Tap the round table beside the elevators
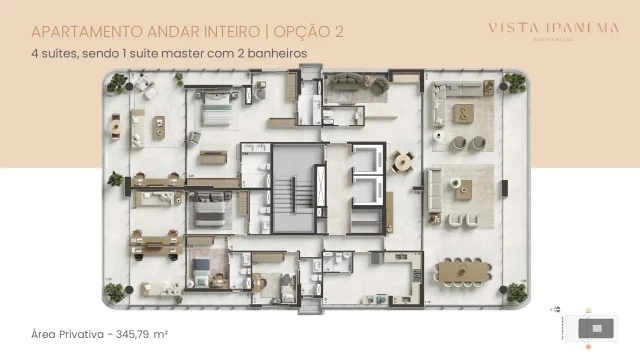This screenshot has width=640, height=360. pos(402,160)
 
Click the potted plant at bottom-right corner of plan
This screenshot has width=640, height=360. pos(516,291)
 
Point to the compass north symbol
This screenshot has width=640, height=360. pos(588,311)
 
